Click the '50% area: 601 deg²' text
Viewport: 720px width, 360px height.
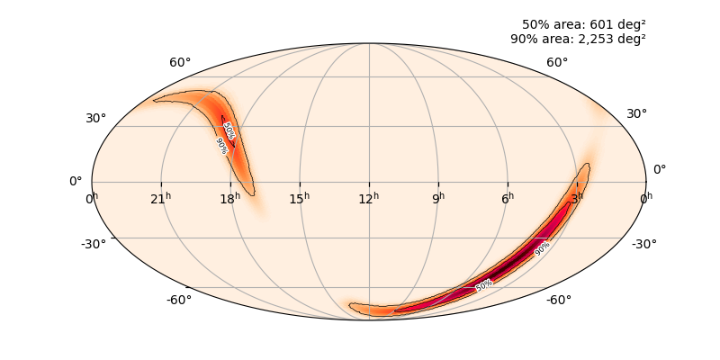[583, 24]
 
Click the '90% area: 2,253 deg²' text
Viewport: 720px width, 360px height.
[578, 39]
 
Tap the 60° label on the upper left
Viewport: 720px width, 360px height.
[180, 62]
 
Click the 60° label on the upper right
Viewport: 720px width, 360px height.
[557, 62]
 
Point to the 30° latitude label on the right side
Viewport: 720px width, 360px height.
[637, 113]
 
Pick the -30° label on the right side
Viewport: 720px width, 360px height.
[643, 244]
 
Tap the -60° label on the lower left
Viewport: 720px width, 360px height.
[179, 300]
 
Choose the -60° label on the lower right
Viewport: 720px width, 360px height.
[559, 300]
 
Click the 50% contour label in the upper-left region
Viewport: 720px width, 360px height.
[229, 131]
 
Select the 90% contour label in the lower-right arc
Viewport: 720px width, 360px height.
[542, 249]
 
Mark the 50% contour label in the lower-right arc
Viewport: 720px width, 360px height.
[484, 285]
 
